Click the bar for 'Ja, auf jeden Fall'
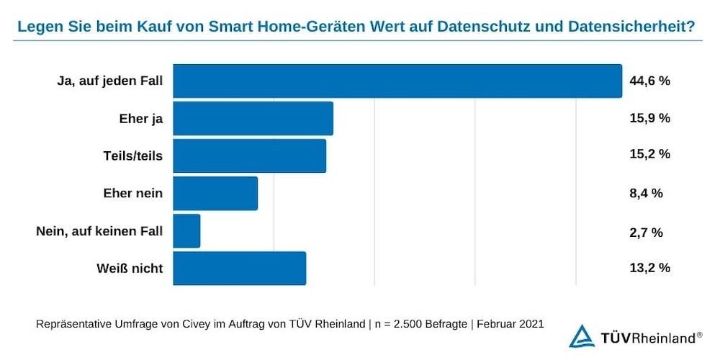[x=397, y=81]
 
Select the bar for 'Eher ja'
[x=253, y=118]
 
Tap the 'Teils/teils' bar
[x=249, y=156]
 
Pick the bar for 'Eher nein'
[x=215, y=193]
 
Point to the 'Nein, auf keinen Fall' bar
[x=186, y=231]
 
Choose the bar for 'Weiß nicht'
[x=239, y=269]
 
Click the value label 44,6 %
[x=649, y=81]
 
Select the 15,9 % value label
[x=649, y=118]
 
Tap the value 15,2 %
[x=649, y=156]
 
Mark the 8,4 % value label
[x=646, y=193]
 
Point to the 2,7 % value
[x=646, y=231]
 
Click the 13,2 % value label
[x=649, y=269]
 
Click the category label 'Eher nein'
[x=133, y=193]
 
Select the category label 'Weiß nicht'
[x=130, y=269]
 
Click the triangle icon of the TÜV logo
[x=581, y=336]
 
